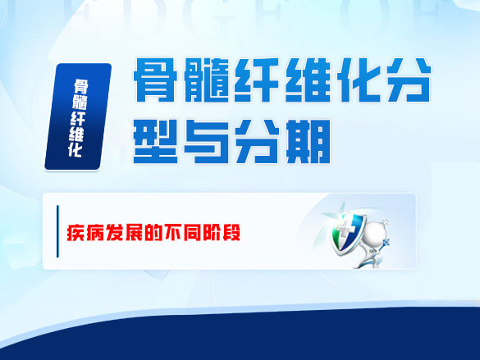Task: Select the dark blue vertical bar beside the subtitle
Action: tap(58, 232)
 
